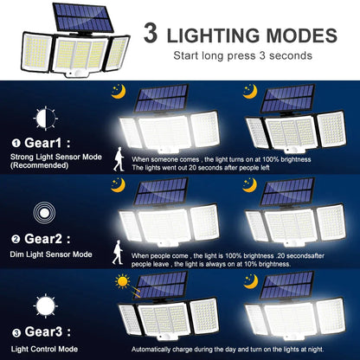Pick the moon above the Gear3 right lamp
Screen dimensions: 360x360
click(251, 280)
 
